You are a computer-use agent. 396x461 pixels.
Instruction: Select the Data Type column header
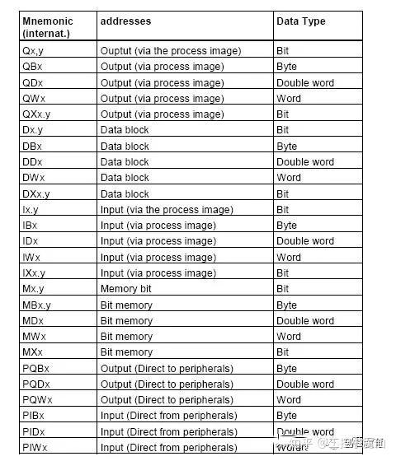click(x=300, y=21)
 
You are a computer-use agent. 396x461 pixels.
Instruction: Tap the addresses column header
click(x=125, y=21)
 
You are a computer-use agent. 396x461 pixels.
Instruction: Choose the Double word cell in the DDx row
click(x=305, y=162)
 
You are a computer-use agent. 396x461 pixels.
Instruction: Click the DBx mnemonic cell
click(x=33, y=147)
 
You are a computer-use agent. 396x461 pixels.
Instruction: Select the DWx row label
click(x=34, y=178)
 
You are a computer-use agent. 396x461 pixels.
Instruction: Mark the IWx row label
click(x=33, y=258)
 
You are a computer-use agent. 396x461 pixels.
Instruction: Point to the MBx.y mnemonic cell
click(x=37, y=305)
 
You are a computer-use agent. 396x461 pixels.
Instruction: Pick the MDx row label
click(x=33, y=321)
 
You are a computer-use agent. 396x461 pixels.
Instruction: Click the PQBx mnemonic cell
click(x=35, y=368)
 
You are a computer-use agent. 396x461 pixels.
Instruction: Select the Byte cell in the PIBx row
click(x=286, y=416)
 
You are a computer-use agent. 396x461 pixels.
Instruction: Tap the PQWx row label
click(x=36, y=400)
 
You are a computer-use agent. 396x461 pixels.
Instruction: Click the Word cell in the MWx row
click(x=288, y=337)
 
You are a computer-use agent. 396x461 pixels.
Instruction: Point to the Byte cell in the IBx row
click(x=286, y=226)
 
